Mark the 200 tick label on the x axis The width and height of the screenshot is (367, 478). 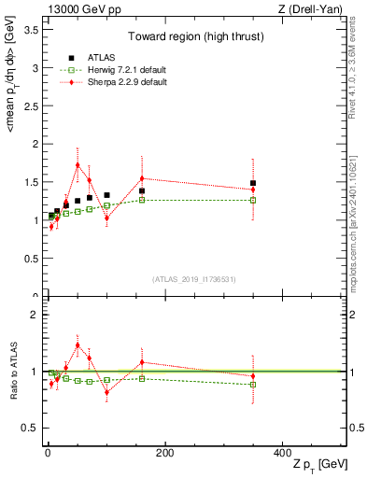coord(164,454)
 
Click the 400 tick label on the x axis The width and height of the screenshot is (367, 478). coord(282,454)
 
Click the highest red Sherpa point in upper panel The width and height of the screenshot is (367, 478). coord(78,165)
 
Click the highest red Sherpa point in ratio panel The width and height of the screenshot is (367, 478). coord(78,345)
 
